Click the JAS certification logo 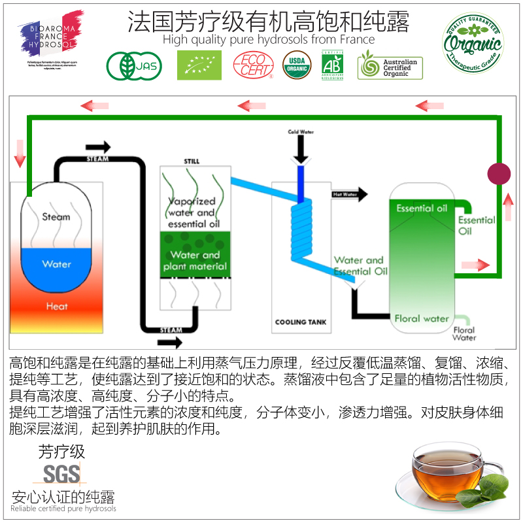pyautogui.click(x=134, y=66)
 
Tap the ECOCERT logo pyautogui.click(x=254, y=65)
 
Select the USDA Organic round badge pyautogui.click(x=297, y=65)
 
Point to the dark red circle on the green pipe pyautogui.click(x=499, y=174)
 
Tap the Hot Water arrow pyautogui.click(x=350, y=194)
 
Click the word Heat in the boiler pyautogui.click(x=57, y=306)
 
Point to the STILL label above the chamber pyautogui.click(x=192, y=161)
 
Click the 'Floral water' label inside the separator pyautogui.click(x=422, y=318)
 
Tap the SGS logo pyautogui.click(x=61, y=474)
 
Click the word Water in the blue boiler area pyautogui.click(x=56, y=264)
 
